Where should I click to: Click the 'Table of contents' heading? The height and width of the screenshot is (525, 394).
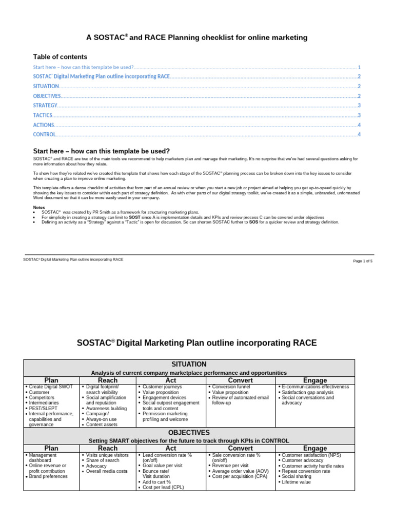60,57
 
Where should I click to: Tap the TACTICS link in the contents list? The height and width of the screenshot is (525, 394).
43,115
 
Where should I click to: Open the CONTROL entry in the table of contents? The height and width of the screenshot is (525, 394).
44,134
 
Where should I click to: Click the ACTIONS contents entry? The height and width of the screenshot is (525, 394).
43,125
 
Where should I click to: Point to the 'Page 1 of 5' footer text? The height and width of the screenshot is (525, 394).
363,261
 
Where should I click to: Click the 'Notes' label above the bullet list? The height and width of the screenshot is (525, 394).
39,207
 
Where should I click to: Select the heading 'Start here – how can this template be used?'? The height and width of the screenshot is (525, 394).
101,151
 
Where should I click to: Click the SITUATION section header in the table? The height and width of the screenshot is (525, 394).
189,364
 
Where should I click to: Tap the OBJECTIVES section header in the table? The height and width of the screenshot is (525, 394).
189,433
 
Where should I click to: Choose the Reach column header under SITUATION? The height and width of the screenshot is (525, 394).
107,380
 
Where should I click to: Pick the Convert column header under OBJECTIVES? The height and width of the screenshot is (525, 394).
240,448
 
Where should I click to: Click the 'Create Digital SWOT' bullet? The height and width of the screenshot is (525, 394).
51,387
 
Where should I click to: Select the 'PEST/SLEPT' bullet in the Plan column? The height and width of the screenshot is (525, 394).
44,408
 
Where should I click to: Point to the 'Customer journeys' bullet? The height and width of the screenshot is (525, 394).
163,387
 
